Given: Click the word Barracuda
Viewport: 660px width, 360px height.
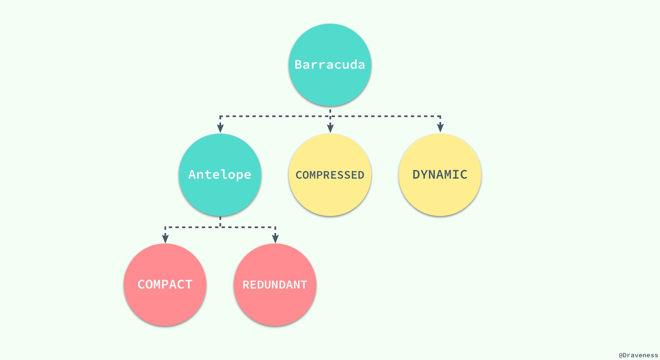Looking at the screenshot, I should pos(330,65).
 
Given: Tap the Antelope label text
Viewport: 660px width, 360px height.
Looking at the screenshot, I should pos(220,175).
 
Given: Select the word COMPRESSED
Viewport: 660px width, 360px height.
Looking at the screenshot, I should pos(330,175).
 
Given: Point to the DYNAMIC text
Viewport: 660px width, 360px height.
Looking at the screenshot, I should pos(440,175).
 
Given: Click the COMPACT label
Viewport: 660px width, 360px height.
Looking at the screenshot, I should pos(165,285).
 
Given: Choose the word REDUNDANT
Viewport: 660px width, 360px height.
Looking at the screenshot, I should pos(275,285).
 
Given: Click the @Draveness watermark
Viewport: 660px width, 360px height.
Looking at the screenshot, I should pos(638,355).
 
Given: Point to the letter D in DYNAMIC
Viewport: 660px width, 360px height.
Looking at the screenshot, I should pos(416,175).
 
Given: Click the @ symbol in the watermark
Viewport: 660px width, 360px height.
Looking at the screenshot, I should pos(621,355).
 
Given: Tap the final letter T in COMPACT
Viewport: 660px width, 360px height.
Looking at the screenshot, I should pos(188,285).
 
